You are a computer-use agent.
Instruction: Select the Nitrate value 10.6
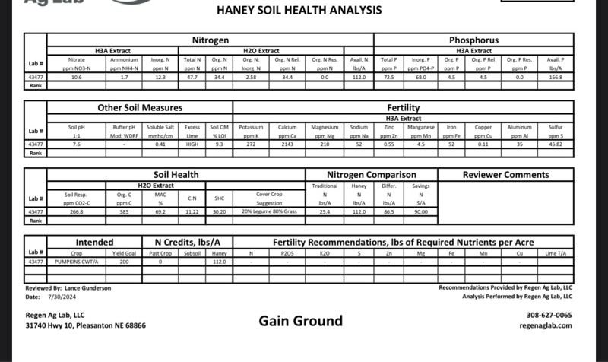tap(76, 77)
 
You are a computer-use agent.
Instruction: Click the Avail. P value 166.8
tap(556, 77)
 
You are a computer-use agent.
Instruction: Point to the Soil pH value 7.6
tap(76, 144)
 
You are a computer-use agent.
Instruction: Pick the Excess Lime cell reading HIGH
tap(192, 144)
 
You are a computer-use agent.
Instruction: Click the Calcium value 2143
tap(287, 144)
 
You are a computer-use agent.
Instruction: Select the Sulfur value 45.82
tap(556, 144)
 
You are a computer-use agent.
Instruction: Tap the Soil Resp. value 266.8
tap(76, 211)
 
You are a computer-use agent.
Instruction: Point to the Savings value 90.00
tap(420, 211)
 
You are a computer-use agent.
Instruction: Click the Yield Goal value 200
tap(124, 261)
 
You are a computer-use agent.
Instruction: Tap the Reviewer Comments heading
tap(505, 175)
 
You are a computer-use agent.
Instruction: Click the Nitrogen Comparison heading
tap(372, 175)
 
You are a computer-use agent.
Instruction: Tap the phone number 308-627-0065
tap(549, 315)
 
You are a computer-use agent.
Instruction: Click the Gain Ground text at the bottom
tap(300, 321)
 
